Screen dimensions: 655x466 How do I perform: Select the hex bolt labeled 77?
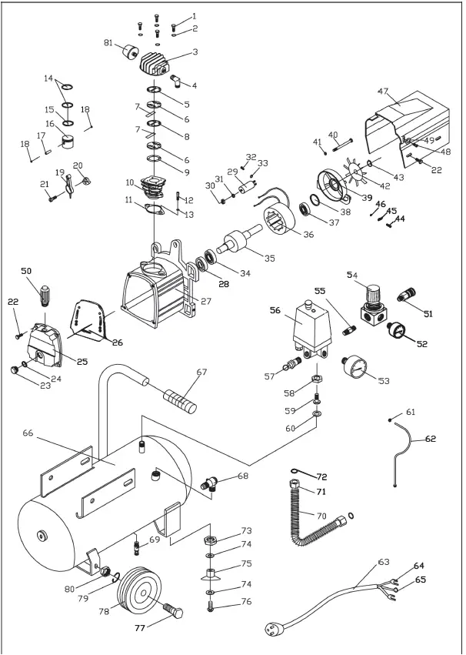coord(173,614)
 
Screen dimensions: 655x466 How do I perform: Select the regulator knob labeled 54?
coord(373,293)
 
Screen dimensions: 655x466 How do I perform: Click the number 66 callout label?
coord(28,434)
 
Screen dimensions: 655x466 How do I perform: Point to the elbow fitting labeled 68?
coord(209,484)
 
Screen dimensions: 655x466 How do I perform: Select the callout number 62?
coord(430,439)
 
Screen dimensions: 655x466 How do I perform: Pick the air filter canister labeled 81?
coord(128,56)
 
